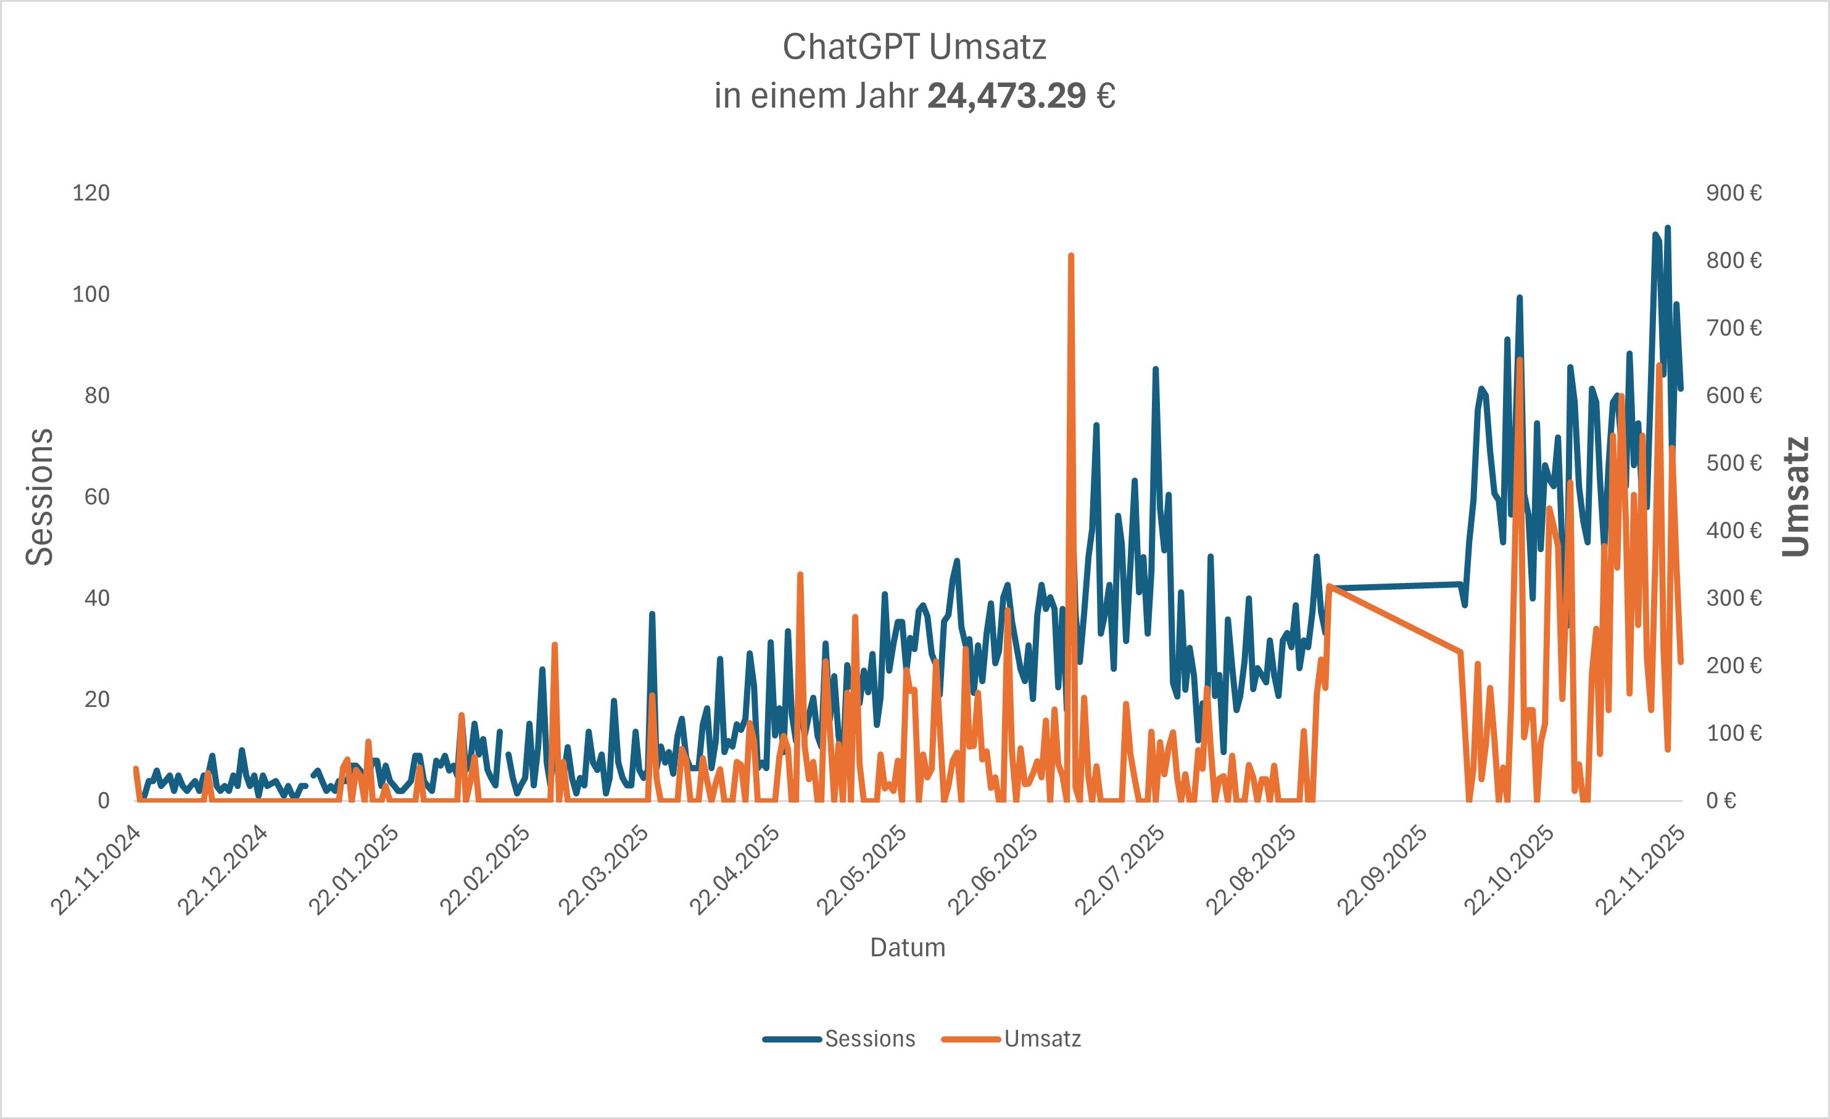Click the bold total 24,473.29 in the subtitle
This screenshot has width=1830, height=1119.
coord(1006,96)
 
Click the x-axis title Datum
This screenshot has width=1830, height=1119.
coord(908,948)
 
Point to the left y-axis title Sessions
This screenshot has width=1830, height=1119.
coord(40,497)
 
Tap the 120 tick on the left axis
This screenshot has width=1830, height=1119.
coord(91,193)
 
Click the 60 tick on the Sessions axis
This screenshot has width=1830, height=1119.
coord(96,497)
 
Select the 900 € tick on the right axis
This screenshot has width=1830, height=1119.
coord(1734,193)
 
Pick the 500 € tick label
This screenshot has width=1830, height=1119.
coord(1734,463)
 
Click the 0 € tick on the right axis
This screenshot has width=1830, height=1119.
coord(1721,801)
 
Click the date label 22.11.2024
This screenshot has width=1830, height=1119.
coord(96,870)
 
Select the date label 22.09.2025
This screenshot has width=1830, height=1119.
coord(1382,870)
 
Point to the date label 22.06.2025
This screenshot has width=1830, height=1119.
coord(992,870)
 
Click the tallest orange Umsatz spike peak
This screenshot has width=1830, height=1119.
coord(1070,256)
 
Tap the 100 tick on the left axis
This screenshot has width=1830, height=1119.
coord(91,295)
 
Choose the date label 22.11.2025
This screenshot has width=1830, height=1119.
coord(1641,870)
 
